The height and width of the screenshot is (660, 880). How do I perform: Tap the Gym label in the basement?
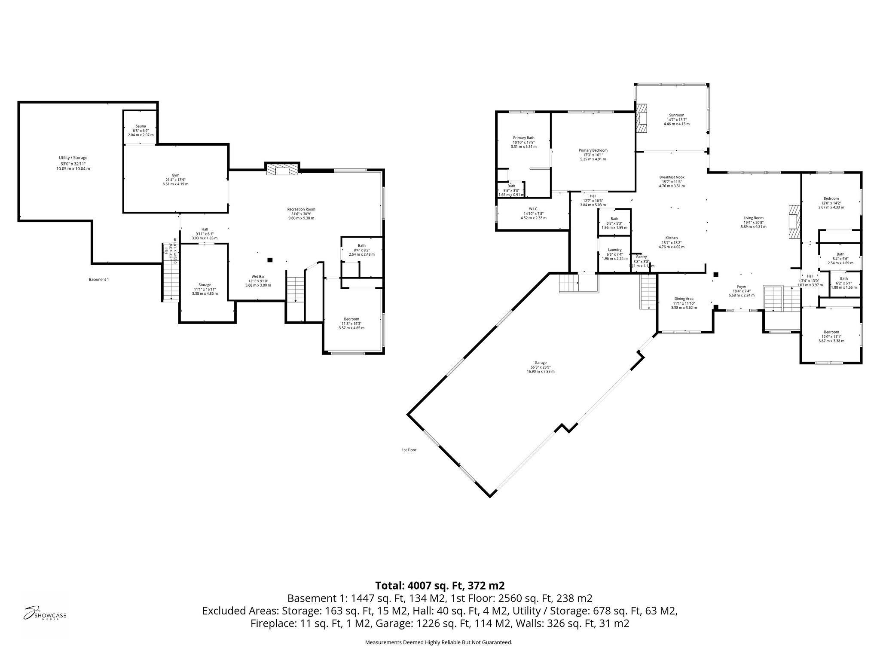pos(175,175)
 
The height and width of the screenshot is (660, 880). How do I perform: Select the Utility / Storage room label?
pos(73,158)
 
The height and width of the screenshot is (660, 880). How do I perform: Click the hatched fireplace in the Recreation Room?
pos(282,169)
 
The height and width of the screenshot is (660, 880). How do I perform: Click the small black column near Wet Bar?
pos(270,260)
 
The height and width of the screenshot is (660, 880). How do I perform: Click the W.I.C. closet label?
pos(533,209)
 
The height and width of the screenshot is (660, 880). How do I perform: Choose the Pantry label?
pos(641,257)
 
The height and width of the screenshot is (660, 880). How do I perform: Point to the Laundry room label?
pos(614,250)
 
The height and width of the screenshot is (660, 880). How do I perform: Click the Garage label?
pos(541,363)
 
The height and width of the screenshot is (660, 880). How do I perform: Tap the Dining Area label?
pos(684,299)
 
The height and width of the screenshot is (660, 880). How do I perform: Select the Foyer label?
pos(741,287)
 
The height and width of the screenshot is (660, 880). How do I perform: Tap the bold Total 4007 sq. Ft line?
pos(440,585)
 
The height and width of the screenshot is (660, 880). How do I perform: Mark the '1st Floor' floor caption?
pos(409,450)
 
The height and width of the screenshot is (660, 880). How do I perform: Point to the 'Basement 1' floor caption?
pos(99,279)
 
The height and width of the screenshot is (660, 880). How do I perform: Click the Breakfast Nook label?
pos(672,177)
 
